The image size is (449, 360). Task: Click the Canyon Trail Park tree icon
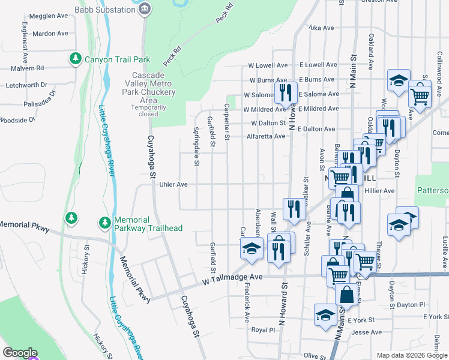(x=75, y=59)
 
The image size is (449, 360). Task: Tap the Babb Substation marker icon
(x=145, y=9)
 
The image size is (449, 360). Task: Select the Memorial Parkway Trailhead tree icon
(x=104, y=223)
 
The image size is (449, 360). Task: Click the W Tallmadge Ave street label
(x=233, y=278)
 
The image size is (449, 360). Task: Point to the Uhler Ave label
(x=173, y=184)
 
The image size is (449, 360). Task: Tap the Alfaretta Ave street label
(x=266, y=136)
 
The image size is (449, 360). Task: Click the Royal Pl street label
(x=263, y=330)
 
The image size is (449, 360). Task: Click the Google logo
(x=20, y=353)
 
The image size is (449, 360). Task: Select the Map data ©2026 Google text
(x=412, y=355)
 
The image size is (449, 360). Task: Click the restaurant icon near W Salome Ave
(x=286, y=92)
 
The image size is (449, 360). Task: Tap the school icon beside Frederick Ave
(x=252, y=248)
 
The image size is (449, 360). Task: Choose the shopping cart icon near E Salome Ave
(x=420, y=95)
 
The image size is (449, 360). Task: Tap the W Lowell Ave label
(x=265, y=65)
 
